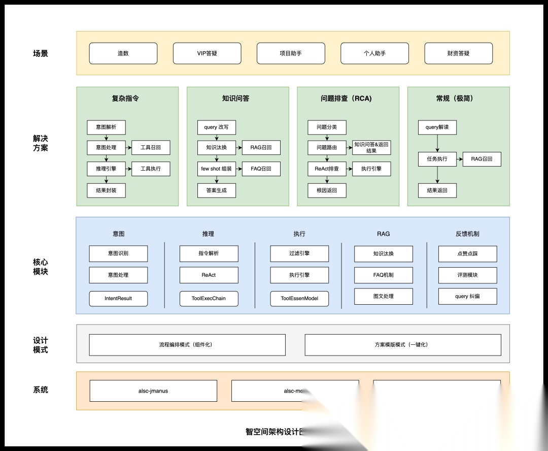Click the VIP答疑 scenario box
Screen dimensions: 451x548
(207, 53)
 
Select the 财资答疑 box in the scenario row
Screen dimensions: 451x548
(458, 53)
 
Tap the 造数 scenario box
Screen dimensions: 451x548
(123, 53)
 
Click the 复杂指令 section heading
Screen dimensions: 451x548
(125, 99)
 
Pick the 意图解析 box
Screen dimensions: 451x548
(106, 127)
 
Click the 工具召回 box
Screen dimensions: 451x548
(151, 148)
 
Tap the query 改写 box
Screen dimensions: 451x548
(217, 127)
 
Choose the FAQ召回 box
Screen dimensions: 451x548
(261, 169)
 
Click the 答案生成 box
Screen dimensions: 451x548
(217, 190)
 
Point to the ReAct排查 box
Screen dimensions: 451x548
(327, 169)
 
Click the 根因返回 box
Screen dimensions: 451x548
(327, 190)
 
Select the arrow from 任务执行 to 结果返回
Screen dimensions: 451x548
(437, 175)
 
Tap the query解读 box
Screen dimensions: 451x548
(437, 127)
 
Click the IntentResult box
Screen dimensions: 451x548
(118, 298)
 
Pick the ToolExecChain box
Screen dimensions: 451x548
(209, 298)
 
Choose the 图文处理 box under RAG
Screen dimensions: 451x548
(383, 296)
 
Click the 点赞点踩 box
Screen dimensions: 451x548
(467, 253)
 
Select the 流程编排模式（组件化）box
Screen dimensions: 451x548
(187, 345)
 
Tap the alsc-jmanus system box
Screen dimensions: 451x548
(153, 391)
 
